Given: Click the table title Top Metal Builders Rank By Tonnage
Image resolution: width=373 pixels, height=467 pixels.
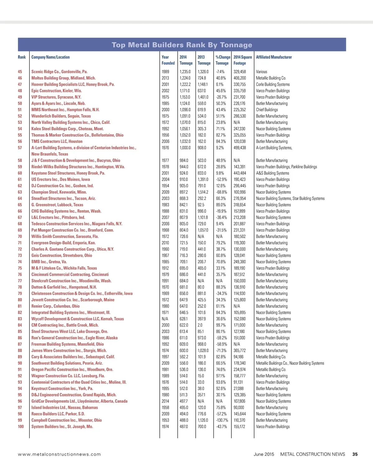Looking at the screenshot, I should point(182,45).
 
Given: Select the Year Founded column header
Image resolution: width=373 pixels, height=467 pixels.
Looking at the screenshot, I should point(168,60).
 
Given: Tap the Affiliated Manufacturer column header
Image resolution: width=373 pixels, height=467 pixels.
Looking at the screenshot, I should point(274,57).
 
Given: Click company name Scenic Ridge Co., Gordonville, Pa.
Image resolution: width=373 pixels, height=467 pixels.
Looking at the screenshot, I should point(59,72).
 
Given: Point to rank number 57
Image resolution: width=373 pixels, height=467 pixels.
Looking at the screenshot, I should point(20,148).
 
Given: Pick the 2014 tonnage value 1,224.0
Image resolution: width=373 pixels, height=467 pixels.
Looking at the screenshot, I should point(185,78).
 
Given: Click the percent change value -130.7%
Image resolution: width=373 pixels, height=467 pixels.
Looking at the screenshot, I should point(222,420).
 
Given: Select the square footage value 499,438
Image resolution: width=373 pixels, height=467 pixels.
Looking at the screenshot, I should point(240,148).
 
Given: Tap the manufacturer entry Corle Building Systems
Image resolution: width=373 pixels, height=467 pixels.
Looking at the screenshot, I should point(273,84).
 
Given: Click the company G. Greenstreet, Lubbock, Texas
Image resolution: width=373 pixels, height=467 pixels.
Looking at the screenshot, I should point(57,205).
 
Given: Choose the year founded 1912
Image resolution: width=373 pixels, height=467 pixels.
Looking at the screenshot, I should point(165,268).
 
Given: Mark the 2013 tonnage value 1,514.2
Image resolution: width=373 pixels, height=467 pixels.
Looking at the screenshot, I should point(203,192).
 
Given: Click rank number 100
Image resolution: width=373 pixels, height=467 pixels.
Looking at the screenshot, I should point(21,427).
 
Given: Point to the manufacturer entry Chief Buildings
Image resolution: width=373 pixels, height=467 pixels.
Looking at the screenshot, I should point(267,110).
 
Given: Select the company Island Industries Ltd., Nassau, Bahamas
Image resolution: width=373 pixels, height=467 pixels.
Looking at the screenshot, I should point(64,407).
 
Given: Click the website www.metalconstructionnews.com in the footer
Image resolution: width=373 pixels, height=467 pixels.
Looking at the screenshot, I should point(59,454).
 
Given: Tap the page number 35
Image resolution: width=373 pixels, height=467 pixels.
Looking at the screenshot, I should point(355,454).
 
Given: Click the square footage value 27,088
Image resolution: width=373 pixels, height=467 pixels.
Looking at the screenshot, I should point(238,388).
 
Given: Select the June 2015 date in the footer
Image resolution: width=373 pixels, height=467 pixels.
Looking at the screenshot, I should point(264,454).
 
